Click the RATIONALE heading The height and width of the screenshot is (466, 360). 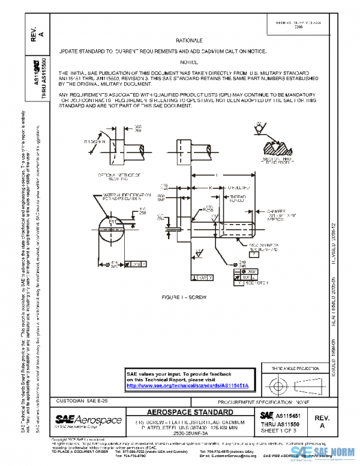188,40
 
